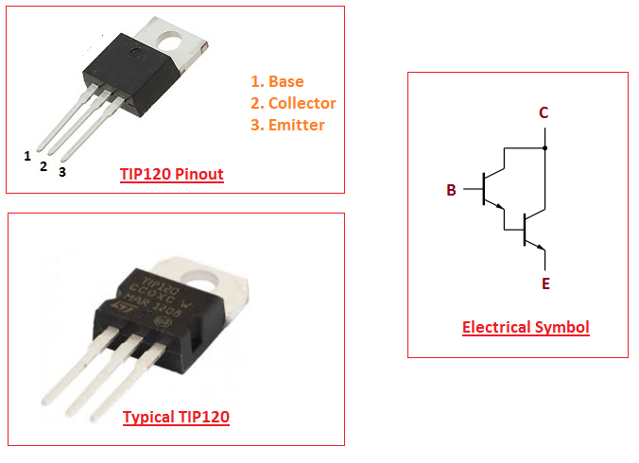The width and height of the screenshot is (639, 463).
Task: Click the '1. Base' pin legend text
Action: click(x=277, y=81)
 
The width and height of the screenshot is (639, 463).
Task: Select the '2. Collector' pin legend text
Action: click(x=293, y=103)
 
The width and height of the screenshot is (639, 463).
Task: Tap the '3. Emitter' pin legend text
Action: click(x=287, y=125)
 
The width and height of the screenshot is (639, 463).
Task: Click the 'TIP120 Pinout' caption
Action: click(x=172, y=175)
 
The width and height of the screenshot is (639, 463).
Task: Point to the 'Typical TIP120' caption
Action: click(x=176, y=417)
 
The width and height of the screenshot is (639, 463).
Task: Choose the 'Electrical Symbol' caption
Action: click(x=526, y=328)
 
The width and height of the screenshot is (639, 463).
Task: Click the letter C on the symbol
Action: click(x=544, y=113)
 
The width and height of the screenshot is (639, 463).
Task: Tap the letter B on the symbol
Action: click(x=452, y=191)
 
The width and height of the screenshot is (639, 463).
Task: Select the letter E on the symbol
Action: click(x=545, y=283)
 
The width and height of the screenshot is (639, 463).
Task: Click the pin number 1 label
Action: click(x=27, y=156)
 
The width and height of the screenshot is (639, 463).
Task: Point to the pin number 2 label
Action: click(x=43, y=166)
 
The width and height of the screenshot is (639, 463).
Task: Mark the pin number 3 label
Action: click(x=62, y=173)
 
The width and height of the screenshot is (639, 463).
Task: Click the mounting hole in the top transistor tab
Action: click(x=172, y=41)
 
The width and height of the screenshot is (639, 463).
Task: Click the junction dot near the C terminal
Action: click(x=545, y=148)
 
